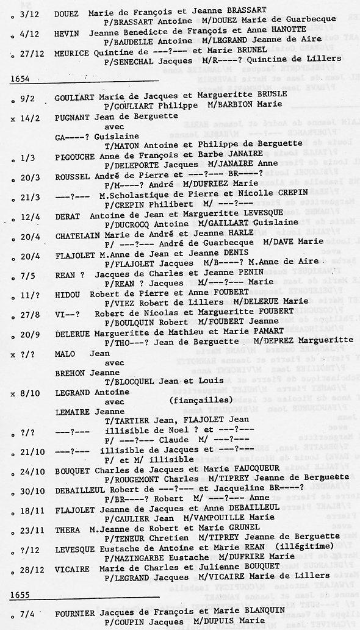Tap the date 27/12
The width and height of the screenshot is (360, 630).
point(26,53)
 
